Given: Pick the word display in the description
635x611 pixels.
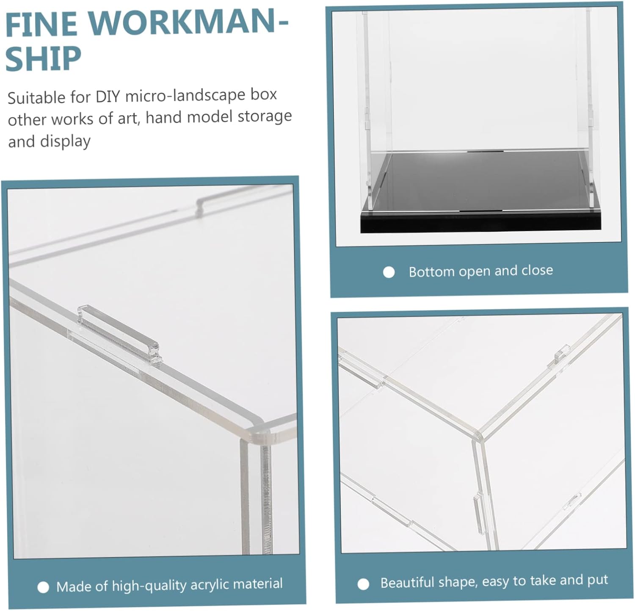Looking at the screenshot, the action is (x=65, y=141).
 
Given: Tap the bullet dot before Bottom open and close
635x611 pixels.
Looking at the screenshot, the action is (x=389, y=272).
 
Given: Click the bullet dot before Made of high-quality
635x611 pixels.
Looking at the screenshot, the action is (x=43, y=587).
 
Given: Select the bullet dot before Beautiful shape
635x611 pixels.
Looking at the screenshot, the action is (x=363, y=584).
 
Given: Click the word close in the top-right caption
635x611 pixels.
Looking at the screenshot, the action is (x=537, y=270).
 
